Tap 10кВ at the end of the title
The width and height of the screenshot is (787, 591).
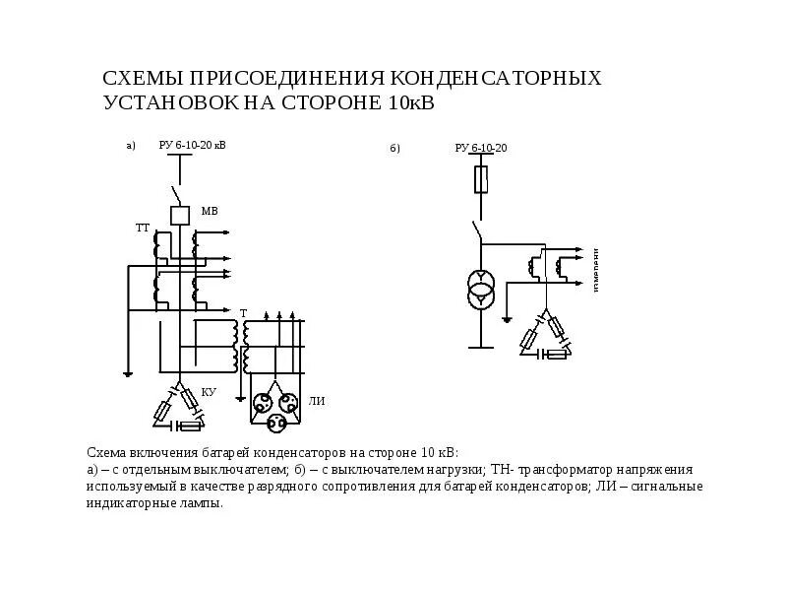pyautogui.click(x=398, y=102)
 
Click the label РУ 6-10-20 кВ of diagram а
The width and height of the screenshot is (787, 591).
pyautogui.click(x=192, y=146)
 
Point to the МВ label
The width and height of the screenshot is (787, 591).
pyautogui.click(x=209, y=211)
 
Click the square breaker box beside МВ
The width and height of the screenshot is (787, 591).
pyautogui.click(x=179, y=216)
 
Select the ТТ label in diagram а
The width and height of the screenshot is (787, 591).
pyautogui.click(x=142, y=228)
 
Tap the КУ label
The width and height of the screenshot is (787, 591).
pyautogui.click(x=208, y=391)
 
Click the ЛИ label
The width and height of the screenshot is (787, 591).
pyautogui.click(x=316, y=401)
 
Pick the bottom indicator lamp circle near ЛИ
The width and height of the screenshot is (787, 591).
pyautogui.click(x=274, y=421)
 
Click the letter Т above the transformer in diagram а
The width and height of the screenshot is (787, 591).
pyautogui.click(x=242, y=311)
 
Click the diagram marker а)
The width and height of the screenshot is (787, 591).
pyautogui.click(x=130, y=146)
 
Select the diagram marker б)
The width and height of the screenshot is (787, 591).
pyautogui.click(x=394, y=149)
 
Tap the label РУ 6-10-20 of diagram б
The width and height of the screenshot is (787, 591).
pyautogui.click(x=480, y=148)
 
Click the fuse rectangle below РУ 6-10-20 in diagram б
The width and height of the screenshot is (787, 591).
pyautogui.click(x=480, y=179)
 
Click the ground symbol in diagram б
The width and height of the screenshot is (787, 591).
pyautogui.click(x=507, y=317)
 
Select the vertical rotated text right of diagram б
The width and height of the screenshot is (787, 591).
pyautogui.click(x=595, y=270)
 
